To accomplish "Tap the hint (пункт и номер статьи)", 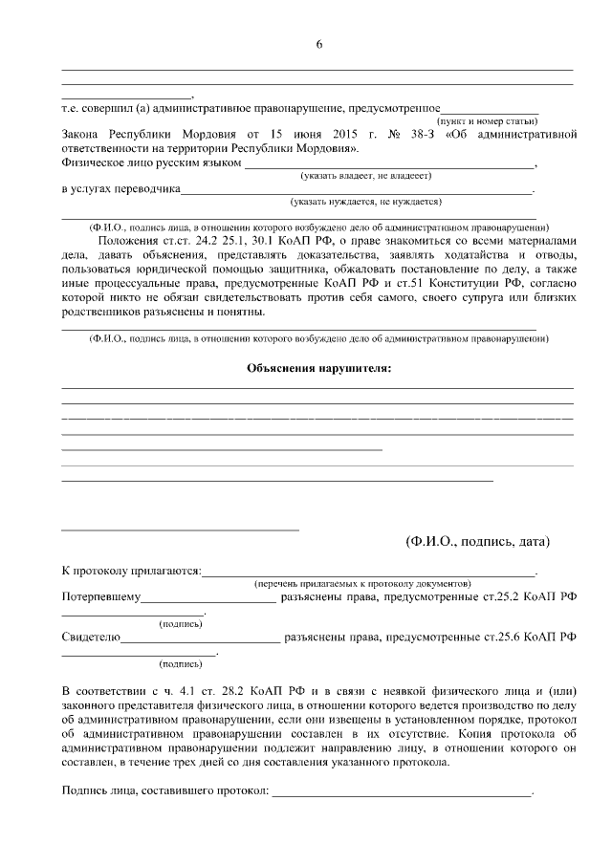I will tap(487, 121).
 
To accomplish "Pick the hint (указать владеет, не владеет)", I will tap(366, 176).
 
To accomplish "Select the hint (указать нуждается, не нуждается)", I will tap(366, 202).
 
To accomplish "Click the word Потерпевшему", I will tap(101, 596).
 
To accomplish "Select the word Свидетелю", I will tap(91, 636).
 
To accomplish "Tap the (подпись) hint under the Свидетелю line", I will tap(181, 663).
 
